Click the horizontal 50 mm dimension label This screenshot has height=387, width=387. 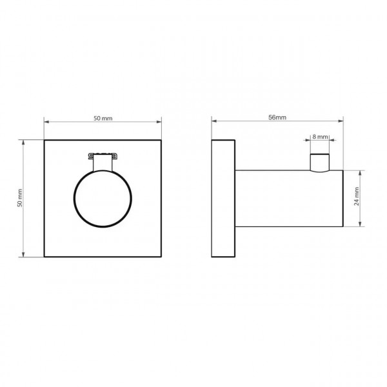pyautogui.click(x=103, y=119)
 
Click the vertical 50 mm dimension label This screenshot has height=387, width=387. pyautogui.click(x=20, y=198)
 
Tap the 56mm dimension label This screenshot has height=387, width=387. pyautogui.click(x=277, y=117)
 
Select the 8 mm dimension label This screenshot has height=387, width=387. pyautogui.click(x=320, y=137)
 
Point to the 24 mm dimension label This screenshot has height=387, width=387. pyautogui.click(x=357, y=197)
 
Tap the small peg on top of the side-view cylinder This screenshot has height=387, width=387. pyautogui.click(x=320, y=163)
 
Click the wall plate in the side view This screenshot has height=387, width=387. pyautogui.click(x=223, y=199)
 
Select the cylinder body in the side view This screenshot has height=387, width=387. pyautogui.click(x=289, y=199)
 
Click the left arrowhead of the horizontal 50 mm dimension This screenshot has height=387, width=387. pyautogui.click(x=46, y=122)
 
